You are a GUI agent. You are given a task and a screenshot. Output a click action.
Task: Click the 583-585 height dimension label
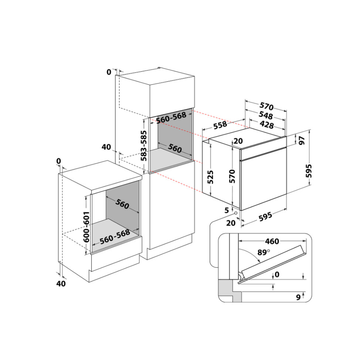point(144,146)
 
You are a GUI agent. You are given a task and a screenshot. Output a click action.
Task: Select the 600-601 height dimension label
point(86,227)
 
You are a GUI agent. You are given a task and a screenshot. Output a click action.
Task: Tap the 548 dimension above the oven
point(266,115)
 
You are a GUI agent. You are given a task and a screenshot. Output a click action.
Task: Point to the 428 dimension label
point(267,125)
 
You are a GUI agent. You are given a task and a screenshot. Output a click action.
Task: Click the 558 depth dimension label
point(220,125)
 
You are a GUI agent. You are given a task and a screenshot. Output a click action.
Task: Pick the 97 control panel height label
point(302,140)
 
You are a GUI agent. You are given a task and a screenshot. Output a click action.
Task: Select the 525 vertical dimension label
point(210,177)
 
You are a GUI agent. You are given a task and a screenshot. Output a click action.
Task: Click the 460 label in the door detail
point(272,241)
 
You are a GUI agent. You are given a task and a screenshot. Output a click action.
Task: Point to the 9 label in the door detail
point(298,297)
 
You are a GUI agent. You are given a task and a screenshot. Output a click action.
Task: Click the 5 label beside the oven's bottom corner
point(227,210)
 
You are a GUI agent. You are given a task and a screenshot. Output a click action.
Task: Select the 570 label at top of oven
point(267,106)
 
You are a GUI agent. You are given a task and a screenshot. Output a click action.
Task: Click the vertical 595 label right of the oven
point(309,171)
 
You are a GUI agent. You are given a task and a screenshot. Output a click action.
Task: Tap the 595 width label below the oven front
point(266,217)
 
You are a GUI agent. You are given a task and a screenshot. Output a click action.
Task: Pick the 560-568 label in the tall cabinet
point(171,118)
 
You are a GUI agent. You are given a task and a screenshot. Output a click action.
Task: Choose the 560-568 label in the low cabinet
point(115,237)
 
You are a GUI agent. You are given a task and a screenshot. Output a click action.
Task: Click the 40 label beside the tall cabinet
point(106,147)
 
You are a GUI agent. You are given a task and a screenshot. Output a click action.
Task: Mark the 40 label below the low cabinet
point(61,284)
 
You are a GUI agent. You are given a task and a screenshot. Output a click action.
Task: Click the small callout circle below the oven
point(236,213)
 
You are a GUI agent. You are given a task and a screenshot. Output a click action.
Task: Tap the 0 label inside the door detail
point(277,274)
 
